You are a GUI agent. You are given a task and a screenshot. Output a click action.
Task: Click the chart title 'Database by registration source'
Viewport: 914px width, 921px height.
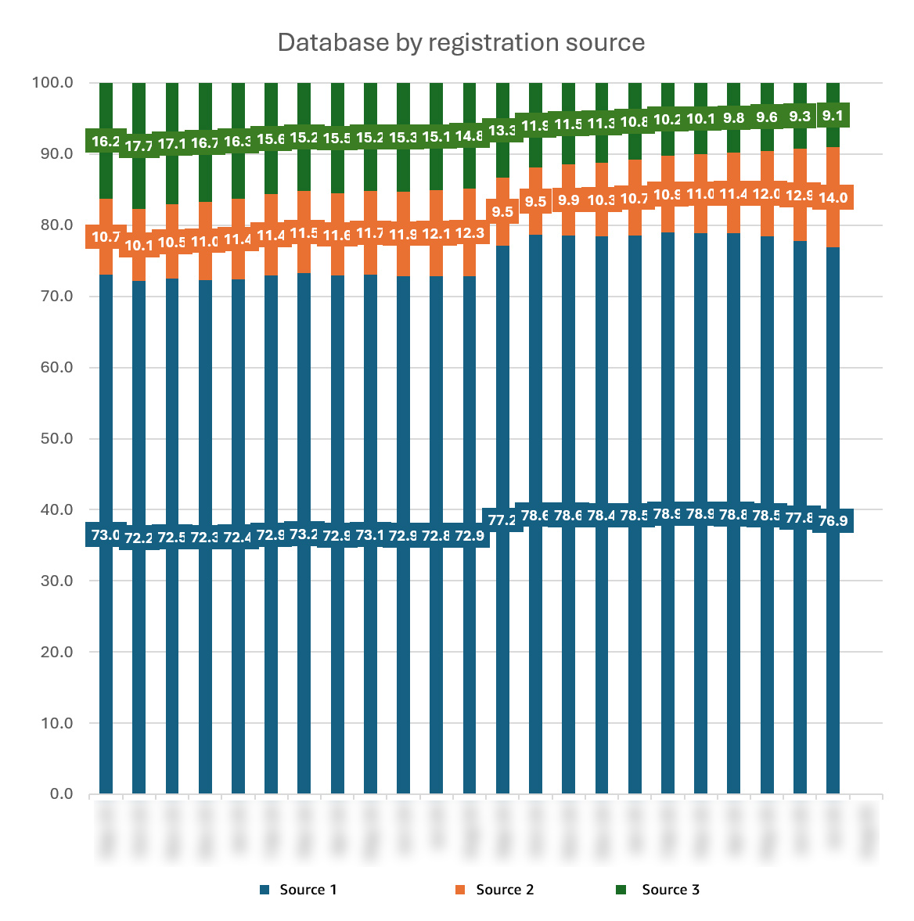click(461, 42)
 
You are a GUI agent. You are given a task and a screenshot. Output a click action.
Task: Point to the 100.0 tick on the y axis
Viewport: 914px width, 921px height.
click(52, 82)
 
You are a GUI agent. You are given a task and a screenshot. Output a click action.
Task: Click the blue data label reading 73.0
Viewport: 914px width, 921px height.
click(106, 536)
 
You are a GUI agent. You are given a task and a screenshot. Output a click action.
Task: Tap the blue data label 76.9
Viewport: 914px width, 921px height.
click(833, 521)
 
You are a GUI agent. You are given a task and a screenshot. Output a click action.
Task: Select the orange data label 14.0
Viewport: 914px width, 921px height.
click(833, 198)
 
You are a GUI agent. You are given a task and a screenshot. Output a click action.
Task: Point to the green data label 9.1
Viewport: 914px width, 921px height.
click(833, 117)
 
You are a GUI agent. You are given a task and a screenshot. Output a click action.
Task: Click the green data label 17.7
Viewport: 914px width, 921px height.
click(139, 146)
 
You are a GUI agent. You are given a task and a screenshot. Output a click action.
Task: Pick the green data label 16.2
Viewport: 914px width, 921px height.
click(106, 142)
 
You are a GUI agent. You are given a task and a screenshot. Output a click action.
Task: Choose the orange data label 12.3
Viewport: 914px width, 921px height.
click(470, 232)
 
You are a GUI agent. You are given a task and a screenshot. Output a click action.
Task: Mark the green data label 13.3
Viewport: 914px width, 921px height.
click(502, 131)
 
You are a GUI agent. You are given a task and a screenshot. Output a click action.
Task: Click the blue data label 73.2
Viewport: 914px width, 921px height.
click(304, 535)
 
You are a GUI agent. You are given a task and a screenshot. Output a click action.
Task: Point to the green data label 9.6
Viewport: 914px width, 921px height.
click(767, 117)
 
